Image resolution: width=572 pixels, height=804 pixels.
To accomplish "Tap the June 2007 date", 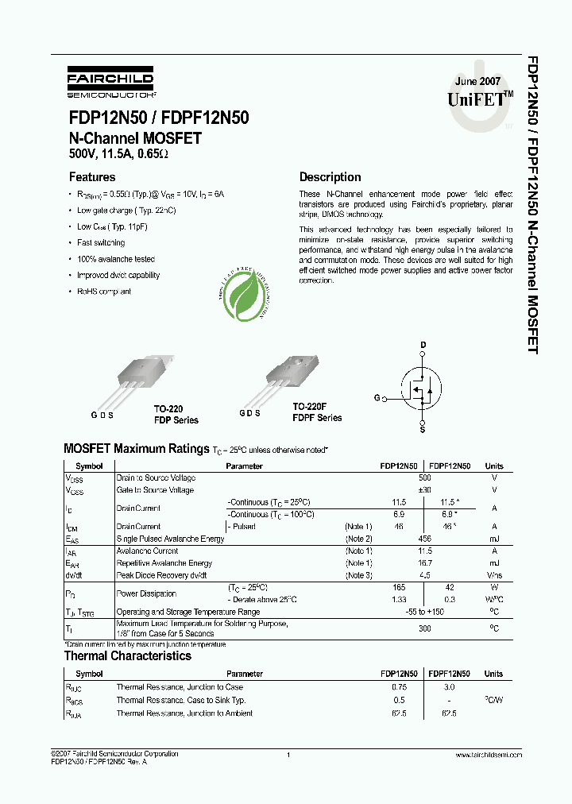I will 477,83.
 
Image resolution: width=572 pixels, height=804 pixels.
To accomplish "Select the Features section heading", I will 92,177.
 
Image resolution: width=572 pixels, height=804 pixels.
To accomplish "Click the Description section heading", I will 330,177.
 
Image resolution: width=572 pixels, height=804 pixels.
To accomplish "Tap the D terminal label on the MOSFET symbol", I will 423,345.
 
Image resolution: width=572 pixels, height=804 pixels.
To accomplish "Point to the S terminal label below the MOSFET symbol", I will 423,430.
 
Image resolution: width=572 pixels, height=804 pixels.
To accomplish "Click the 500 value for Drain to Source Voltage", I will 425,478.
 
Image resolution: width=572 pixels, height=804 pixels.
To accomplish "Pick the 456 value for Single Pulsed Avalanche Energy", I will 425,539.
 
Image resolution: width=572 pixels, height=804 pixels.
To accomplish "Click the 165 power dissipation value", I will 400,587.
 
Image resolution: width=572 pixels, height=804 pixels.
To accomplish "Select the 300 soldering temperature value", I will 425,628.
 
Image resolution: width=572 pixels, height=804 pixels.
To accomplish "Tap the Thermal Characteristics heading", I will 127,656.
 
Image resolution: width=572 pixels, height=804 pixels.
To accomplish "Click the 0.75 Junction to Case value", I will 400,687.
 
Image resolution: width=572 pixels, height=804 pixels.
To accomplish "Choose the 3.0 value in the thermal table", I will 448,687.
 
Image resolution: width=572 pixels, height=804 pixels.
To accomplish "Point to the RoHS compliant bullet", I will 103,292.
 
